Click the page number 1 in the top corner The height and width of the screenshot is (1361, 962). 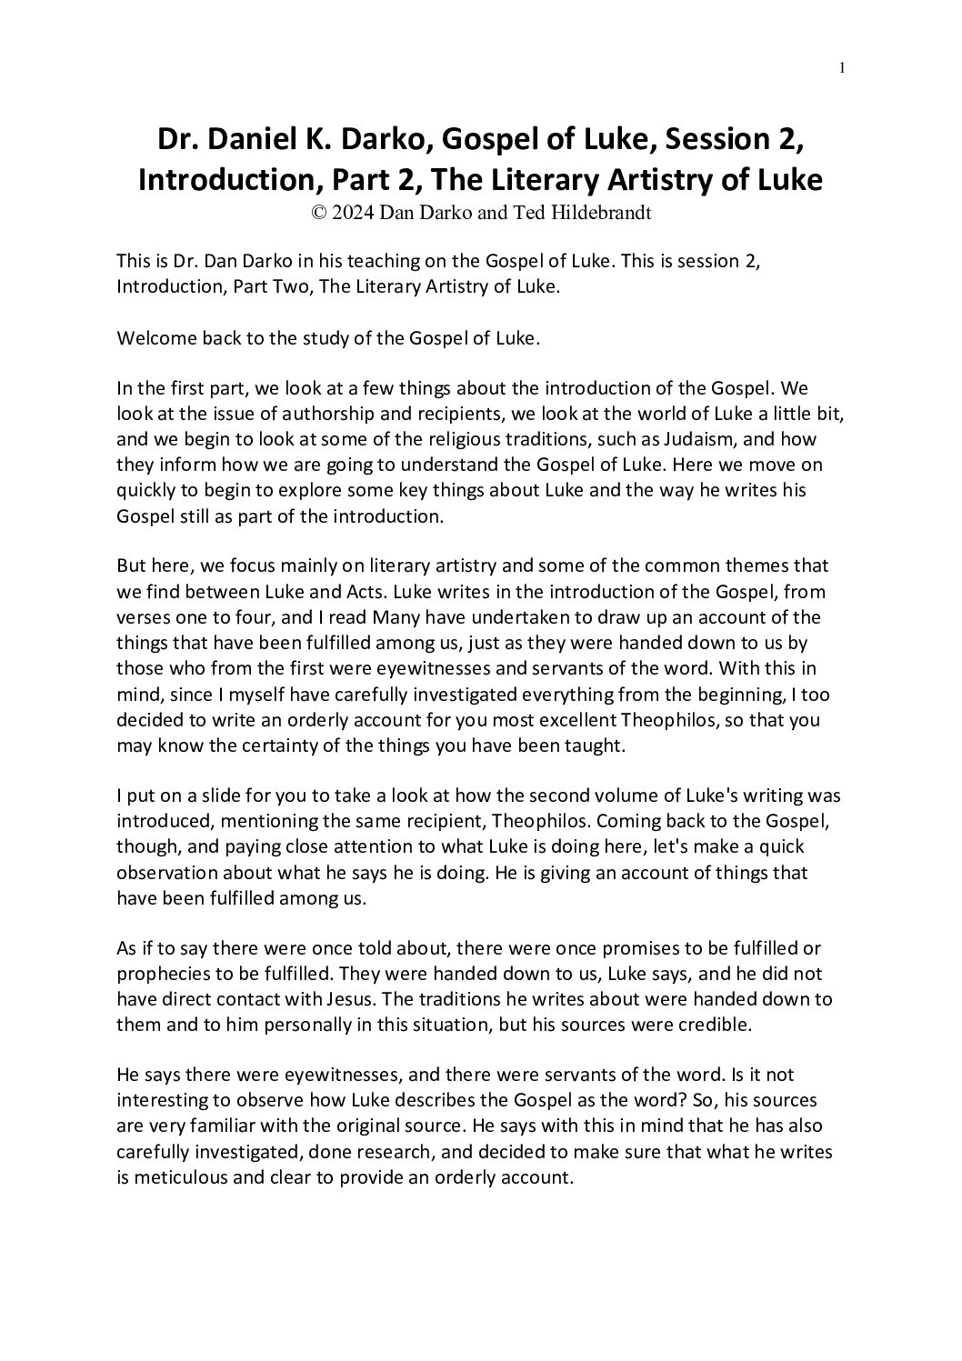[843, 67]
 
